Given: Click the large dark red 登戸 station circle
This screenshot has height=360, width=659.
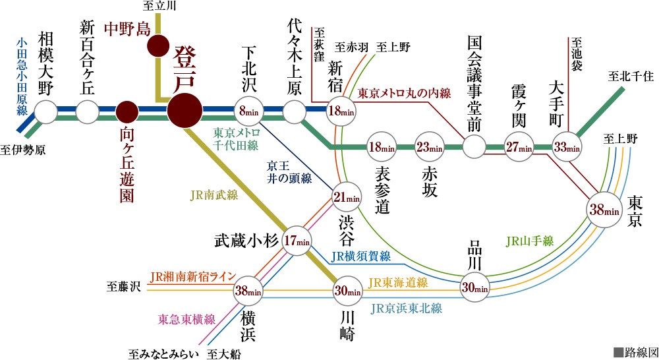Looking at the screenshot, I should [x=185, y=110].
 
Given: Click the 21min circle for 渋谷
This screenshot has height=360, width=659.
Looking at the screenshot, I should [x=347, y=196].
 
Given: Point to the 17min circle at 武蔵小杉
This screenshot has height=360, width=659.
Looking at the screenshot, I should [x=297, y=240].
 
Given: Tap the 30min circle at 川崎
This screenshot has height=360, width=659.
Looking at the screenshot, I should [x=347, y=290].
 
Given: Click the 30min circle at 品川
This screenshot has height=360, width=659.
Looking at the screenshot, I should [x=474, y=287].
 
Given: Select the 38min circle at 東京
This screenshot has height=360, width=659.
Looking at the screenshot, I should [x=604, y=210].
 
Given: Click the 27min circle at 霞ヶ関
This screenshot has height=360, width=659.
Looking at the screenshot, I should [x=519, y=147].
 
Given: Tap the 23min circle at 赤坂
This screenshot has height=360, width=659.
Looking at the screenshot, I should [x=428, y=147].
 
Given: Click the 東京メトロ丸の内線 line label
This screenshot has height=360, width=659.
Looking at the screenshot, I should [x=404, y=94].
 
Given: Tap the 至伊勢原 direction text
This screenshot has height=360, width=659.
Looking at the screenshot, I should [x=23, y=150].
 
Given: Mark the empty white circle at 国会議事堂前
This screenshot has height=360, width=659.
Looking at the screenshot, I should [x=473, y=147].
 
